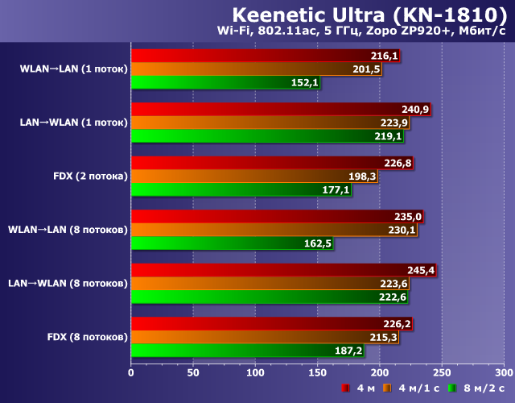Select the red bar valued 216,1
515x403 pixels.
coord(266,56)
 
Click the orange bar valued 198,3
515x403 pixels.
coord(254,176)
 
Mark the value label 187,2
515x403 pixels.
coord(348,351)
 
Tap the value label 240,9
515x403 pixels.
coord(415,110)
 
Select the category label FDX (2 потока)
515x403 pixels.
coord(89,176)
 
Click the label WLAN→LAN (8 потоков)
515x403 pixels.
coord(68,230)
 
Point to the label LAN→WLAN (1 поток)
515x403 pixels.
coord(73,123)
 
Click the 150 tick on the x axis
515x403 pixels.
coord(317,373)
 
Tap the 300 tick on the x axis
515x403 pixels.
coord(503,373)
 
